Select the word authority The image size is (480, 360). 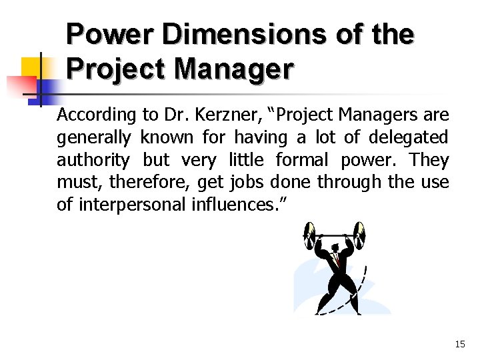point(93,160)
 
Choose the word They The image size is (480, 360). point(429,160)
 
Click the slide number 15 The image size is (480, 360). point(459,344)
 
